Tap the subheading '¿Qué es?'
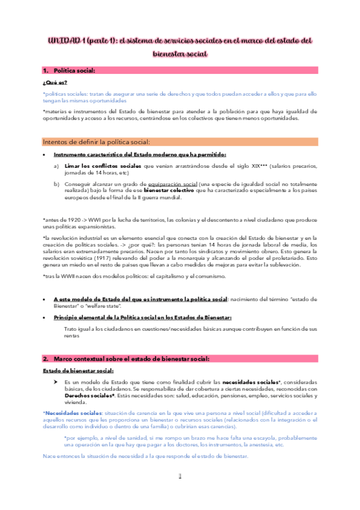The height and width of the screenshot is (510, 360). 55,82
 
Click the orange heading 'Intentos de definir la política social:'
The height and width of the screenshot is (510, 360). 96,142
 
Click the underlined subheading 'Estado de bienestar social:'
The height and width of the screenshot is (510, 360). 78,371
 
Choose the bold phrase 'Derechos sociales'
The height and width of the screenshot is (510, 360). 88,396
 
